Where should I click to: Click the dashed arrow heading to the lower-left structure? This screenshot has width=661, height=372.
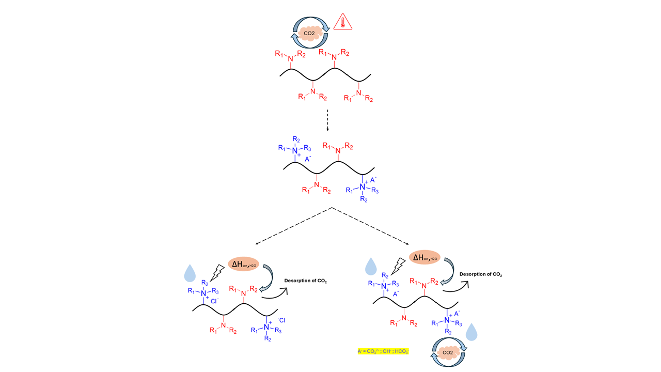pyautogui.click(x=292, y=226)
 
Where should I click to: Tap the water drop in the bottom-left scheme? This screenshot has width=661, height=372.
pyautogui.click(x=190, y=272)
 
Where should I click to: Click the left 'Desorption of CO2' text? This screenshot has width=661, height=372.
pyautogui.click(x=306, y=282)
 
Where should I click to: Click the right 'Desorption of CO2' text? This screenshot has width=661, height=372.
pyautogui.click(x=481, y=274)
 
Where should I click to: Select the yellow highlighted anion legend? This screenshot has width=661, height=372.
pyautogui.click(x=383, y=351)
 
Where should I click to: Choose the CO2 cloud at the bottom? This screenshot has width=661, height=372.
pyautogui.click(x=448, y=352)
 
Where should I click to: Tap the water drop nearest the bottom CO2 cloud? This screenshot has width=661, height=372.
pyautogui.click(x=471, y=332)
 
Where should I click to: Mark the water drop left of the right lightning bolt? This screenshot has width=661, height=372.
pyautogui.click(x=371, y=266)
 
